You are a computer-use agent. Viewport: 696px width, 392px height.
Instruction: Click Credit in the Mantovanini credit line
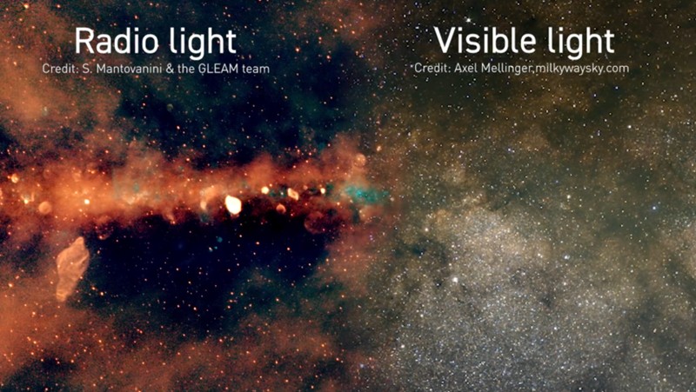click(57, 68)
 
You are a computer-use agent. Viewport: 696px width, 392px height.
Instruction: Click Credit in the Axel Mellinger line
click(429, 68)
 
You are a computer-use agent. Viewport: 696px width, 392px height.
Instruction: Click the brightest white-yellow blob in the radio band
click(233, 205)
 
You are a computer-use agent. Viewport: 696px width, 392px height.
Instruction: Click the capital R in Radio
click(84, 42)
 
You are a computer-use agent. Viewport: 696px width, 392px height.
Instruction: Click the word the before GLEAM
click(184, 68)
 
